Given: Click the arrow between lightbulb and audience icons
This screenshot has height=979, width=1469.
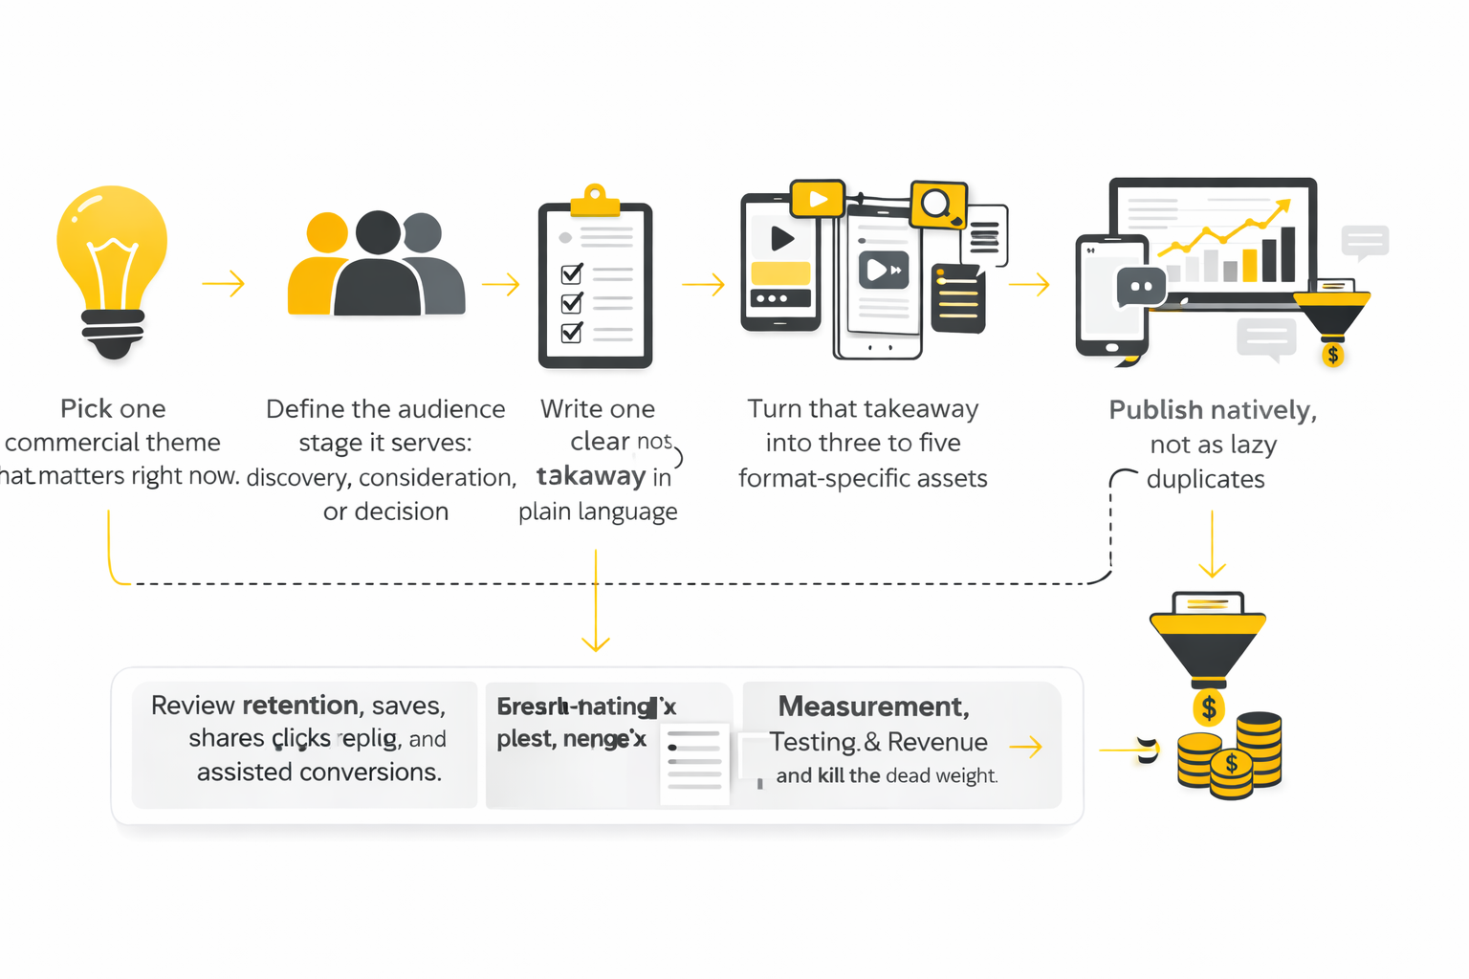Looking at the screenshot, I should (x=224, y=284).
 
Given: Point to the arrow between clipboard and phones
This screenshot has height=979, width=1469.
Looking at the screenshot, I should (x=703, y=284).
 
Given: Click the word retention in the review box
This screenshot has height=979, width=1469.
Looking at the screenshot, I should (x=299, y=706).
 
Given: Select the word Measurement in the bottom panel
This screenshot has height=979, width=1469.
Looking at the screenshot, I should (x=872, y=707).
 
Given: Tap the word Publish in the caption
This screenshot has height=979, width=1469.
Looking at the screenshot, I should (x=1155, y=410).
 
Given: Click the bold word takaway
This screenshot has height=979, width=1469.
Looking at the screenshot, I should (x=590, y=476).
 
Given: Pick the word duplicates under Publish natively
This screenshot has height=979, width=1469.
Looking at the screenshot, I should (x=1205, y=479).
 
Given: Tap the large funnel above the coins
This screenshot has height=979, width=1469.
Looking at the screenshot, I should (x=1208, y=642).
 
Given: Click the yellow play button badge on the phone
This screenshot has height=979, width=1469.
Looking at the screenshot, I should (x=818, y=199).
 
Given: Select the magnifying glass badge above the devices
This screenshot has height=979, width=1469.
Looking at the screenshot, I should (x=937, y=204).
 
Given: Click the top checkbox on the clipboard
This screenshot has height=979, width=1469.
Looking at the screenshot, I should (x=572, y=273).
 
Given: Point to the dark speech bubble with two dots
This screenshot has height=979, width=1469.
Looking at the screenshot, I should (x=1141, y=287).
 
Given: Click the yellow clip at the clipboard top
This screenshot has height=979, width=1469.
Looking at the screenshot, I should (x=595, y=200).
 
